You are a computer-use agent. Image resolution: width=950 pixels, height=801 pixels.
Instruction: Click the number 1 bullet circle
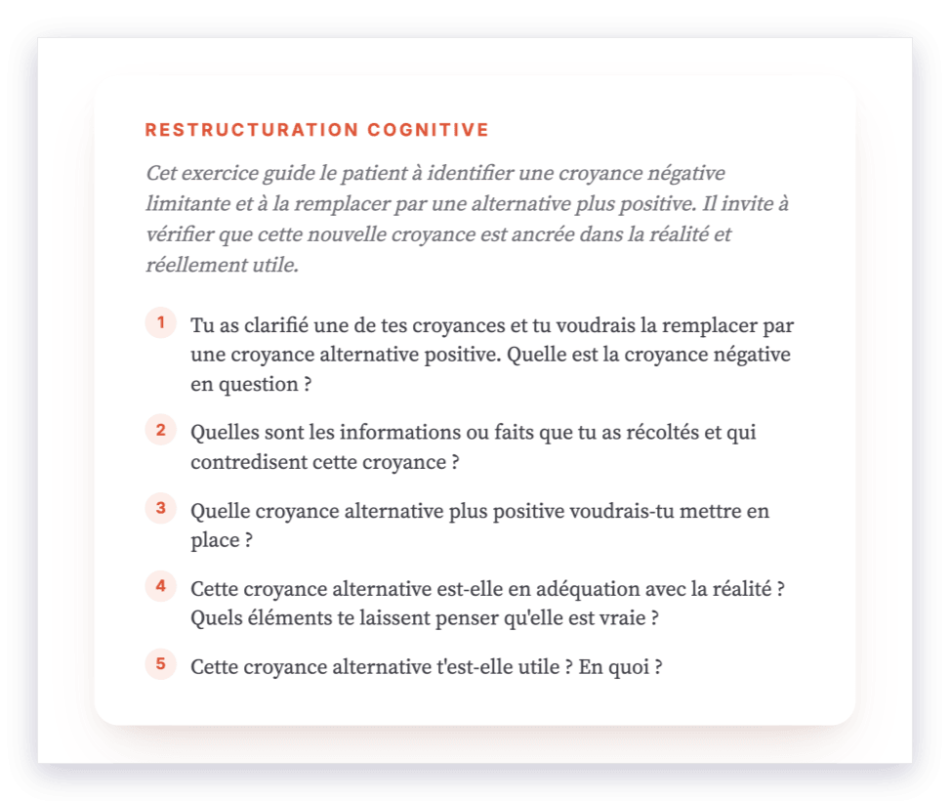click(160, 322)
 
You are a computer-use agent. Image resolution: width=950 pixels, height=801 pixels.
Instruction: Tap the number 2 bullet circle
click(160, 430)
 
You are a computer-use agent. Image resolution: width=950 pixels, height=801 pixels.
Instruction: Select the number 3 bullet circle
click(160, 508)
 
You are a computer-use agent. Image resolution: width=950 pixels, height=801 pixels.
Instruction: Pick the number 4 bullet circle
click(160, 586)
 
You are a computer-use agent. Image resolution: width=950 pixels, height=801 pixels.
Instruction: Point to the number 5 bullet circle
click(160, 664)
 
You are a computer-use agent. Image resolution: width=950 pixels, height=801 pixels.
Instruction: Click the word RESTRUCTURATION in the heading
click(252, 130)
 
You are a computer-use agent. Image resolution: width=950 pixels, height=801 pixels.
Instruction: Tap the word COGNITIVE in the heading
click(429, 130)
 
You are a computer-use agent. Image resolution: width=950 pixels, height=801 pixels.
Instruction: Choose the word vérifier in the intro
click(180, 234)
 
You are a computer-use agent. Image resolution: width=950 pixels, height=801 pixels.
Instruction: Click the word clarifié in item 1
click(276, 325)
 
